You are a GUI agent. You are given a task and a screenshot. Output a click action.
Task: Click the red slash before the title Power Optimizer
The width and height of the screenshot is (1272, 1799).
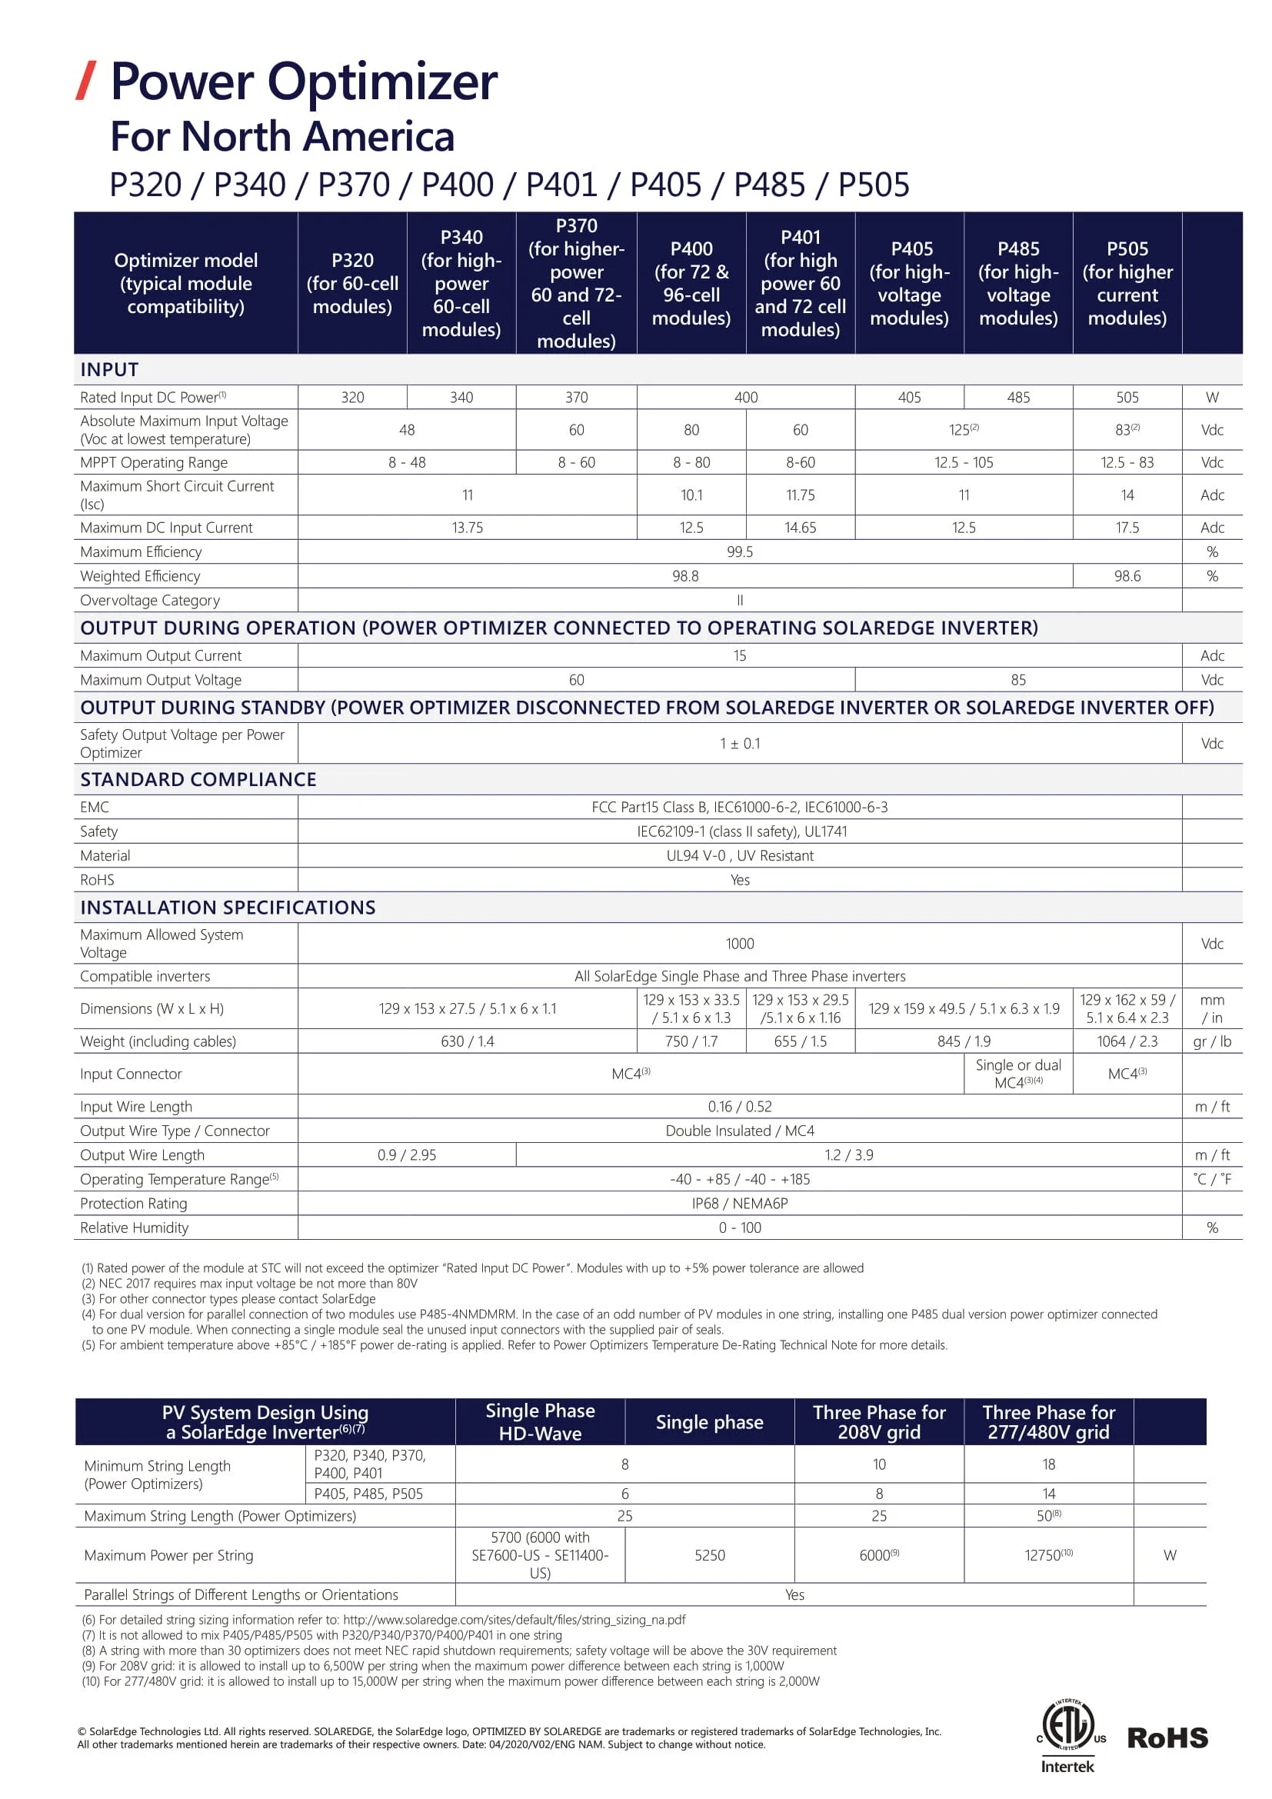[x=86, y=81]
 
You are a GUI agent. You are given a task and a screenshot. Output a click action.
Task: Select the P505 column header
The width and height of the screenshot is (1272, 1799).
[x=1127, y=283]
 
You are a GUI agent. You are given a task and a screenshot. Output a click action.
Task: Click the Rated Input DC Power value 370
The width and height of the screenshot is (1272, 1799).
[x=576, y=397]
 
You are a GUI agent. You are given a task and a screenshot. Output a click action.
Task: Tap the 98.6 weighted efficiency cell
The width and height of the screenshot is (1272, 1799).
[x=1127, y=576]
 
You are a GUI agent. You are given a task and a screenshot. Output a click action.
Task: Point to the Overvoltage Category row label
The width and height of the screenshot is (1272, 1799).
[x=150, y=600]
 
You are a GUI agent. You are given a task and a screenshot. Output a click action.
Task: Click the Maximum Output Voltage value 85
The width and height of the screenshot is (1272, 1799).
[x=1017, y=680]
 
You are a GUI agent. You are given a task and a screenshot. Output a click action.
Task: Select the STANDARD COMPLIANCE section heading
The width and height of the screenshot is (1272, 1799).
[x=198, y=780]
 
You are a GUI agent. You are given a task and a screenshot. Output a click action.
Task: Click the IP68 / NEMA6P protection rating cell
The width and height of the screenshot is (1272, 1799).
[x=739, y=1204]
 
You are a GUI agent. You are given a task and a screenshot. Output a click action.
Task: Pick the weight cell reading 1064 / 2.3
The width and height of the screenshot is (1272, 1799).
[x=1127, y=1041]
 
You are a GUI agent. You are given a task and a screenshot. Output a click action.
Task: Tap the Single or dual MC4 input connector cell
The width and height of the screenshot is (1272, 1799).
[x=1017, y=1074]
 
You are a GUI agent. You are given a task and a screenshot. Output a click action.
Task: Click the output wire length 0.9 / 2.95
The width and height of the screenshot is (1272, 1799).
[x=407, y=1155]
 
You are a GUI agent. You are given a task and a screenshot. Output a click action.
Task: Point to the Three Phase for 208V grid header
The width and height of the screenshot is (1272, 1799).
[x=879, y=1422]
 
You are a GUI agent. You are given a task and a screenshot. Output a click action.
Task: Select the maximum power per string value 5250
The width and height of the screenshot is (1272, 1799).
[x=709, y=1555]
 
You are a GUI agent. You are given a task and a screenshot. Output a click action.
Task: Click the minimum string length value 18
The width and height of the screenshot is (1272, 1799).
[x=1048, y=1464]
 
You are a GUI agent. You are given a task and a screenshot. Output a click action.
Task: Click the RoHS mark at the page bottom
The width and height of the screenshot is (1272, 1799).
[x=1167, y=1738]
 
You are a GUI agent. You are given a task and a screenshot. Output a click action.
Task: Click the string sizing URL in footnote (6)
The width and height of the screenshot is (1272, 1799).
[x=514, y=1620]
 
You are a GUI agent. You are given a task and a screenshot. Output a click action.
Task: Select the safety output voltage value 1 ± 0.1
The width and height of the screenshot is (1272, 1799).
[x=739, y=744]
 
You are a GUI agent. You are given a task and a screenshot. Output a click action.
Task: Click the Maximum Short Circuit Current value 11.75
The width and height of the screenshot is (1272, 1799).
[x=800, y=495]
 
